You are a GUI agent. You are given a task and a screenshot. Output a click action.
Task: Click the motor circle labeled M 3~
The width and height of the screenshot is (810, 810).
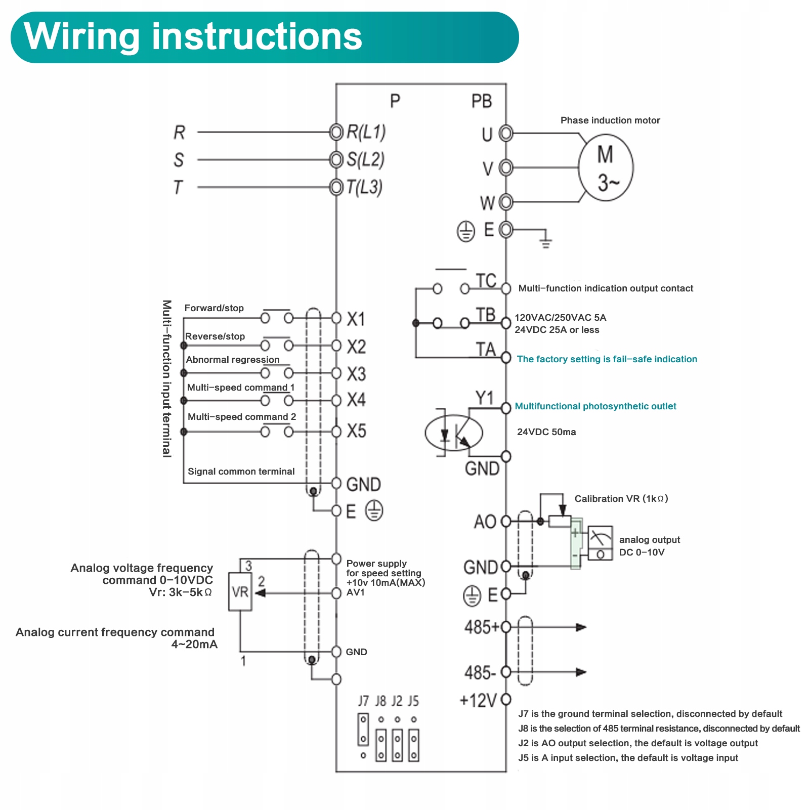606,167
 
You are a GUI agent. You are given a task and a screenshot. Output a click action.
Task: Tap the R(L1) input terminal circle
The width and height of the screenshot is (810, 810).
336,132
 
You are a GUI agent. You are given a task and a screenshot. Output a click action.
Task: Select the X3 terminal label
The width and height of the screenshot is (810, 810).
356,374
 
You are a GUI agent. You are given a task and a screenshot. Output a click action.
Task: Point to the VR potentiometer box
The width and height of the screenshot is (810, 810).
240,591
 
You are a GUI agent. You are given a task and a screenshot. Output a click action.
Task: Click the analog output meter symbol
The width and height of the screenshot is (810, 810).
600,543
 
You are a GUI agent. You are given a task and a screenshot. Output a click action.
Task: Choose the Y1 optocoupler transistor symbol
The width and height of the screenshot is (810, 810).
454,433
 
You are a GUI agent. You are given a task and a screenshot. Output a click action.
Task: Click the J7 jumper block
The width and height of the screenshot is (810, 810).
363,730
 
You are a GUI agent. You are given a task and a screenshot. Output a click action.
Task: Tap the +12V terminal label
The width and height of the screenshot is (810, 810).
478,701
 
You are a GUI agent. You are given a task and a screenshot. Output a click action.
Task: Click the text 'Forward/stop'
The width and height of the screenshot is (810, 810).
214,308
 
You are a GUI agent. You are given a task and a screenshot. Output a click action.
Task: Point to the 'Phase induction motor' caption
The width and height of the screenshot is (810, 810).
610,120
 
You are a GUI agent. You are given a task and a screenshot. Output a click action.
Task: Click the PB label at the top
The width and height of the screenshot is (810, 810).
481,101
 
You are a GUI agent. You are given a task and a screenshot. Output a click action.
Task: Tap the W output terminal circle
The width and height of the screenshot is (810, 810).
506,202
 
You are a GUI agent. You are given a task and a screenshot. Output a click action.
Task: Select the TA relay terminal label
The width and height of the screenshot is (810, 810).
486,349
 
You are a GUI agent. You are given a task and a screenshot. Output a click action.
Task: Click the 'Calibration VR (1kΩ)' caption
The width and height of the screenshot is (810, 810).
621,499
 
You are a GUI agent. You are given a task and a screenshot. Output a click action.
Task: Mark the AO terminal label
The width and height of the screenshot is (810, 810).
485,522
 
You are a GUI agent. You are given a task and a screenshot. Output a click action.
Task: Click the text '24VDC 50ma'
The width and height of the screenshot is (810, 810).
546,432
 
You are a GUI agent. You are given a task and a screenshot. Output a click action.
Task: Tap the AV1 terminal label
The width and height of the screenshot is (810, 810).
356,592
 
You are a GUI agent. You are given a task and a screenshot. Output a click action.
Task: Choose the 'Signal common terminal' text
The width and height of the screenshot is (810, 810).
241,472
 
